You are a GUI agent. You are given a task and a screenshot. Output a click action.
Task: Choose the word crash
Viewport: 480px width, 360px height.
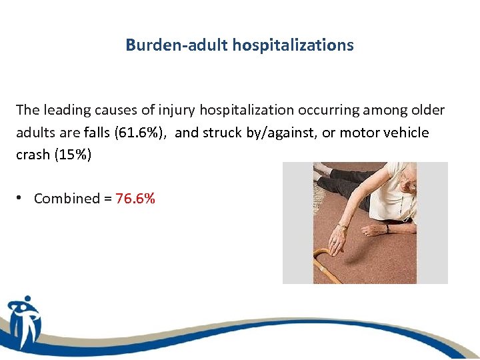33,154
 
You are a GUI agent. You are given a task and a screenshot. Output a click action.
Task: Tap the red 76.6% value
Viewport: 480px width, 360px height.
135,198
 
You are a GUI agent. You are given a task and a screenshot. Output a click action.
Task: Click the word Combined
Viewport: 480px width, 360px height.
65,198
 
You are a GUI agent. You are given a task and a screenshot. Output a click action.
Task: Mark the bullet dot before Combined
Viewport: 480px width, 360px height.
21,198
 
